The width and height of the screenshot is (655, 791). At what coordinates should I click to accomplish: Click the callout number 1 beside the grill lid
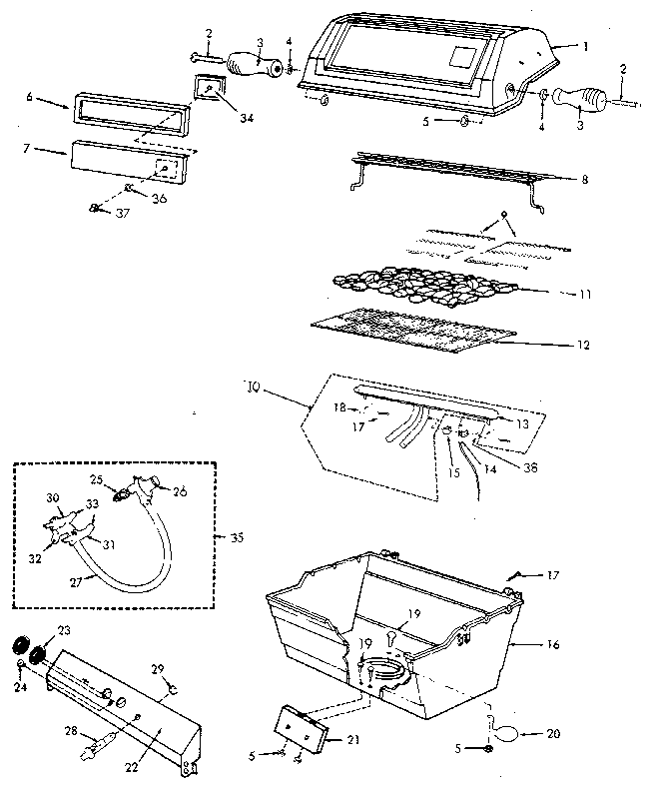click(585, 47)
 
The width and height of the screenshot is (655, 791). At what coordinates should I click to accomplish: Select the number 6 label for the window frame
click(30, 99)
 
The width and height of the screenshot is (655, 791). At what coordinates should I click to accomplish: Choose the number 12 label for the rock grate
click(582, 346)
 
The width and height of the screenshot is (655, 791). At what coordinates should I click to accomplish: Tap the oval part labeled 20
click(507, 732)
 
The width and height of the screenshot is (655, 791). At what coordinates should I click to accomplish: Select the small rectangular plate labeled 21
click(303, 728)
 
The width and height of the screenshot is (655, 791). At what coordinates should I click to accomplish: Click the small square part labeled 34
click(211, 91)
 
